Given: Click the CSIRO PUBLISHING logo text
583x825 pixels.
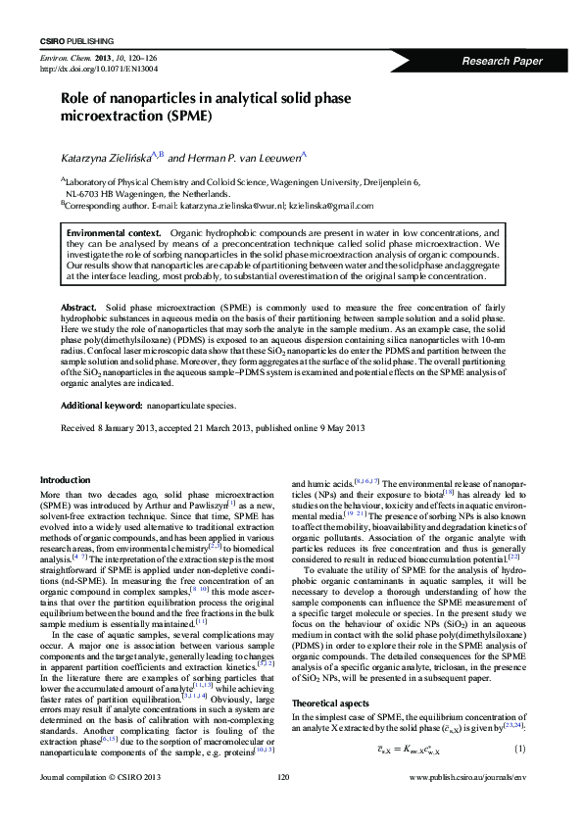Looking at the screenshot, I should pyautogui.click(x=75, y=41).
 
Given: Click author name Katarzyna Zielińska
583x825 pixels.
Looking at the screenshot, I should pyautogui.click(x=106, y=156).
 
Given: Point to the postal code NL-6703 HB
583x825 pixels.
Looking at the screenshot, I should pyautogui.click(x=70, y=193).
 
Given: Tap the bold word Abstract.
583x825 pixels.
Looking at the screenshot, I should pyautogui.click(x=78, y=308).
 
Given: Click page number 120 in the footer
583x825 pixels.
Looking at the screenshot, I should pyautogui.click(x=285, y=804).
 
